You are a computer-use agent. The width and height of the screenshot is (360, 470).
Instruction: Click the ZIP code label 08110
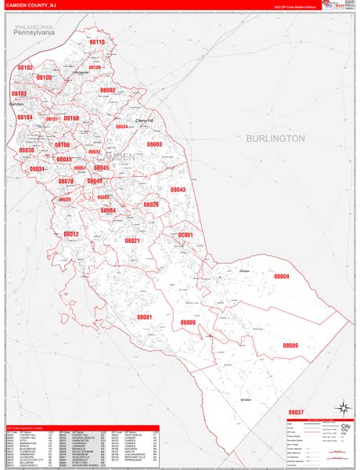(x=96, y=42)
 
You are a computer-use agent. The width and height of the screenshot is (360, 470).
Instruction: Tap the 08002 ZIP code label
(x=107, y=90)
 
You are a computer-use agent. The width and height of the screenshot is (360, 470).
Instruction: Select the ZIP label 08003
(x=154, y=144)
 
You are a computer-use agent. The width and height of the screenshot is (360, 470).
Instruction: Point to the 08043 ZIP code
(x=178, y=190)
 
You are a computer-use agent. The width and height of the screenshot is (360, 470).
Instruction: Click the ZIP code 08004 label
(x=281, y=276)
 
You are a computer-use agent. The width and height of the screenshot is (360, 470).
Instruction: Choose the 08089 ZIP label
(x=290, y=345)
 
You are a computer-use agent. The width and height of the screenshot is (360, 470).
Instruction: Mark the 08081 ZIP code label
(x=144, y=316)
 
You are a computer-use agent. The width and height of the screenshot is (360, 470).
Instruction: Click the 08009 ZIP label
(x=188, y=323)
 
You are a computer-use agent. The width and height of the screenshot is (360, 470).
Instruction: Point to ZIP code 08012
(x=71, y=234)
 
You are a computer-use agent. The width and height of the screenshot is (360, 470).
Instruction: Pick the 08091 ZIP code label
(x=185, y=235)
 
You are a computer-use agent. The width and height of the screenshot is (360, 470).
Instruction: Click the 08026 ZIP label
(x=151, y=204)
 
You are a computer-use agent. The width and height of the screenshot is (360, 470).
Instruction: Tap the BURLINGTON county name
(x=275, y=138)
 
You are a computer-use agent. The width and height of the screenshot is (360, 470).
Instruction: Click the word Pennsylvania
(x=34, y=34)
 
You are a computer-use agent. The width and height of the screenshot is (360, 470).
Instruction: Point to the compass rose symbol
(x=342, y=407)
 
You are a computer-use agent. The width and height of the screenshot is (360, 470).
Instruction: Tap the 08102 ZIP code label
(x=25, y=67)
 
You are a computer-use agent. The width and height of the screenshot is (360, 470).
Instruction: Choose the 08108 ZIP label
(x=71, y=118)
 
